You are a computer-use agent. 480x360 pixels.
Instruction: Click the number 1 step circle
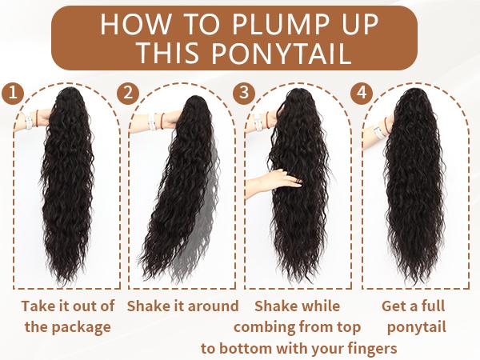click(x=11, y=91)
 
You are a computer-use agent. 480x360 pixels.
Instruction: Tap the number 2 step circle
click(x=129, y=91)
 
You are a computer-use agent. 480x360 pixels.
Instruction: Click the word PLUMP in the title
click(x=255, y=25)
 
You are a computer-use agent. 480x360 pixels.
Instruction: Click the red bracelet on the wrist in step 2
click(x=162, y=120)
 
